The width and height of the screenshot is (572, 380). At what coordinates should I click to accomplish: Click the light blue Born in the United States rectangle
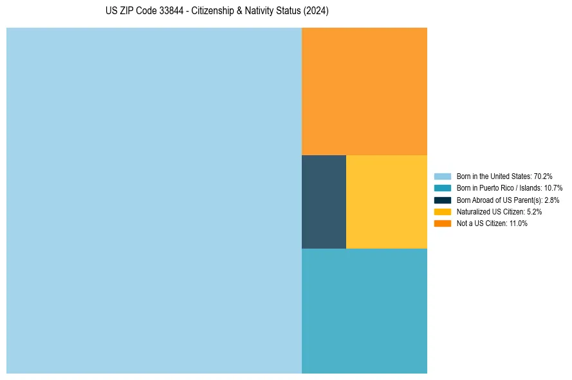pos(154,200)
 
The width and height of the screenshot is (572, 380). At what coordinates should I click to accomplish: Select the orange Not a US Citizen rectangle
pos(364,91)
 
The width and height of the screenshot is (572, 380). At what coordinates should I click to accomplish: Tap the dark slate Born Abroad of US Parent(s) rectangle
pos(324,202)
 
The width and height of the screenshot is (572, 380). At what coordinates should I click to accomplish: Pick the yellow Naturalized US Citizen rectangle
pos(386,202)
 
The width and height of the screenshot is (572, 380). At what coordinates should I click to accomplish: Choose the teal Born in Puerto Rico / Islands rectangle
pos(364,310)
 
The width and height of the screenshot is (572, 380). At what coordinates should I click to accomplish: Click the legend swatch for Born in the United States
pos(443,176)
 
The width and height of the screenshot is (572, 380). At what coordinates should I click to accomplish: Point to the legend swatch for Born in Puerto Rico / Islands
pos(443,188)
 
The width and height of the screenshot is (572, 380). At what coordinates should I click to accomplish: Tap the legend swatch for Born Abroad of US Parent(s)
pos(443,200)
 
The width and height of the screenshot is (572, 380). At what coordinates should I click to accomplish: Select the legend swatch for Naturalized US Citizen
pos(443,211)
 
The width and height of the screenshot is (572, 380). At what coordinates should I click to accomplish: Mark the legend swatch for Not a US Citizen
pos(443,223)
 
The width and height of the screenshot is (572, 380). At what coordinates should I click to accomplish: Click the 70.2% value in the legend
pos(543,176)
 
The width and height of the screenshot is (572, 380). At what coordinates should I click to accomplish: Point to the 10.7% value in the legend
pos(553,188)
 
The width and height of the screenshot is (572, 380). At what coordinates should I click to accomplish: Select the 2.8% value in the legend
pos(551,200)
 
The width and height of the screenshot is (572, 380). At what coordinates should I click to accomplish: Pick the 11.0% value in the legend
pos(518,223)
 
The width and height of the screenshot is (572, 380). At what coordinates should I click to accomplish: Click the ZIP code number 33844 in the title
pos(165,12)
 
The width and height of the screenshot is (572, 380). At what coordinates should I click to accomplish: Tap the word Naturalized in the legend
pos(472,211)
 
